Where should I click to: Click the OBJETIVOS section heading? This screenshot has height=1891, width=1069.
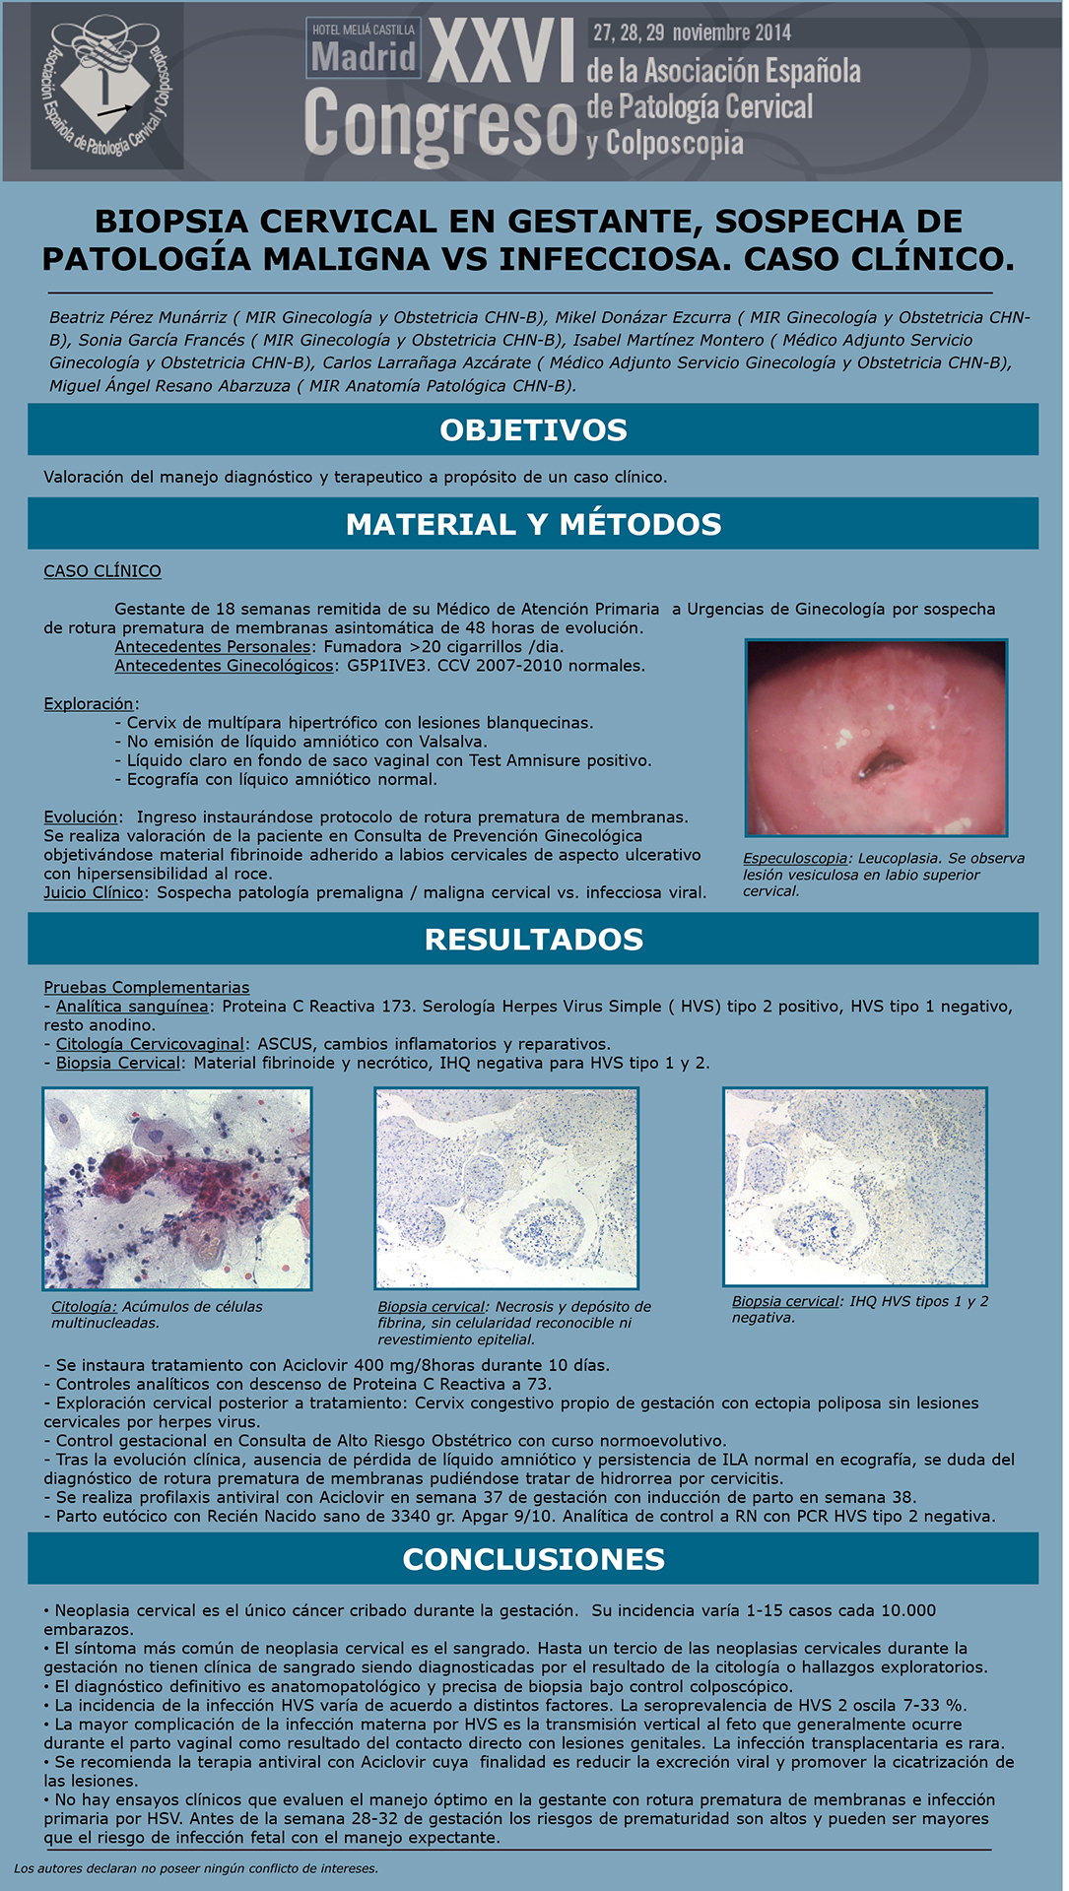click(x=533, y=430)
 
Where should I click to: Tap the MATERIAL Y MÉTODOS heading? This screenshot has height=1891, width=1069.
click(x=533, y=524)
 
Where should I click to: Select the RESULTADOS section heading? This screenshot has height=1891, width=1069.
click(x=533, y=940)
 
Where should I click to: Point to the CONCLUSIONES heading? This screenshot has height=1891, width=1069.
click(x=533, y=1559)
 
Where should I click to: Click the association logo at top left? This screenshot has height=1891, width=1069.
click(x=107, y=87)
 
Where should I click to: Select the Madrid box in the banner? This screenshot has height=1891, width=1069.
click(x=364, y=48)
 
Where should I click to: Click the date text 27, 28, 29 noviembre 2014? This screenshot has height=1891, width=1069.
click(x=692, y=33)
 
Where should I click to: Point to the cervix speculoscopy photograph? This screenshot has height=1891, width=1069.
click(x=876, y=738)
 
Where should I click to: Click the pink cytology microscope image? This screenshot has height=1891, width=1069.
click(x=177, y=1189)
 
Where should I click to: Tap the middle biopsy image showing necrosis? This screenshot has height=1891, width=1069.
click(x=506, y=1188)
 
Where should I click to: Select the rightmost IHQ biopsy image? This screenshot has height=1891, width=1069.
click(x=855, y=1187)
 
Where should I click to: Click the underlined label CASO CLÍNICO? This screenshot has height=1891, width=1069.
click(x=102, y=571)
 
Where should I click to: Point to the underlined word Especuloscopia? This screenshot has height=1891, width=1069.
click(x=795, y=859)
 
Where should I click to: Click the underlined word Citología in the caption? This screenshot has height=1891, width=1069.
click(x=85, y=1307)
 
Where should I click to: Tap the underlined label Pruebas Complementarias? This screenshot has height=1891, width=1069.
click(x=147, y=987)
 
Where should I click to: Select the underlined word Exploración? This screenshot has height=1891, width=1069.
click(x=89, y=704)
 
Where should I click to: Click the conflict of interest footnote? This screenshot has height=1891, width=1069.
click(x=196, y=1868)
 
